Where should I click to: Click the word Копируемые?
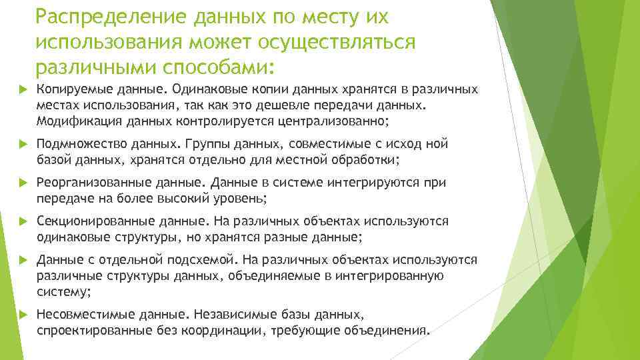(71, 89)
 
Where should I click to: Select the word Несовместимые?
(77, 315)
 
